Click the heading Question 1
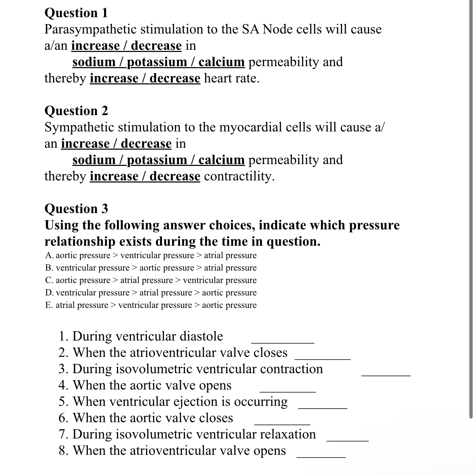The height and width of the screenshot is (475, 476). coord(76,13)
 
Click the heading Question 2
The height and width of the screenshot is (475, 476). coord(76,111)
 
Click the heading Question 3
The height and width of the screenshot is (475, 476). coord(76,209)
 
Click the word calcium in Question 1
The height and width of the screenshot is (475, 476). coord(221,62)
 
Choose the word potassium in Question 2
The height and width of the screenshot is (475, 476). coord(157,160)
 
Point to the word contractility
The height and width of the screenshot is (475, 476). coord(239,176)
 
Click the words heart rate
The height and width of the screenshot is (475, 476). coord(231,78)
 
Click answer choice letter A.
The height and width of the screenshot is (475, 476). coord(49,256)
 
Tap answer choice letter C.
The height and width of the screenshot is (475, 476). coord(49,280)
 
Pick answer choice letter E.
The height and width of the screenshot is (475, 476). coord(49,305)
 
